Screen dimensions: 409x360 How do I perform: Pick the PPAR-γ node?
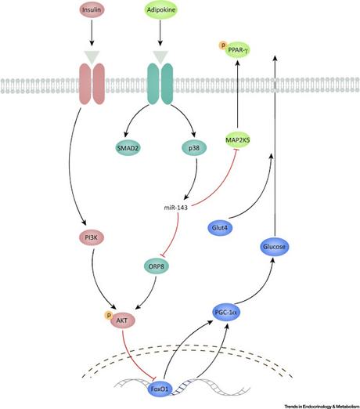pyautogui.click(x=243, y=51)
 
